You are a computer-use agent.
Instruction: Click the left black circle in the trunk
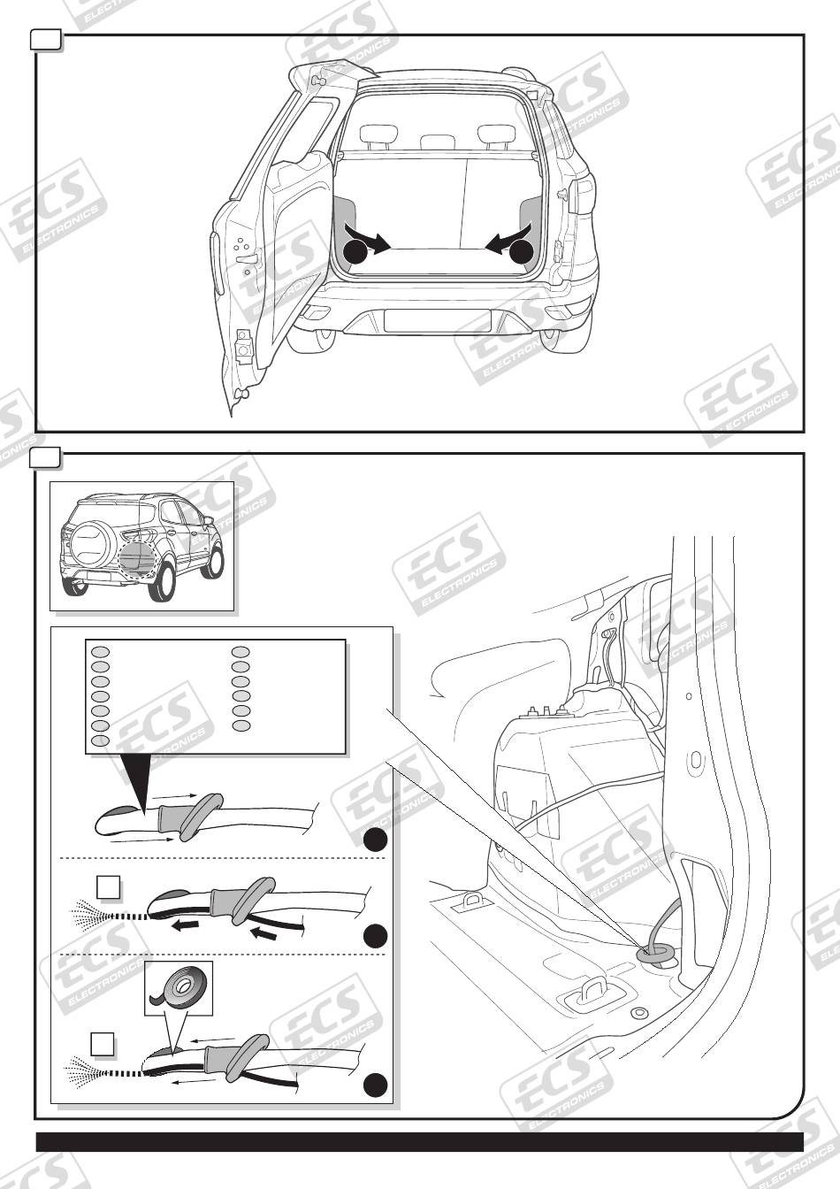(x=355, y=252)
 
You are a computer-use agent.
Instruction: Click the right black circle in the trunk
(x=522, y=252)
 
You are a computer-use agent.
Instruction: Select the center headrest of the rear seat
(x=435, y=142)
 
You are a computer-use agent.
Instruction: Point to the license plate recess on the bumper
(x=437, y=320)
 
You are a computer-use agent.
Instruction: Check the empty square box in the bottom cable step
(x=103, y=1044)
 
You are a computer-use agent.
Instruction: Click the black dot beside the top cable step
(x=375, y=840)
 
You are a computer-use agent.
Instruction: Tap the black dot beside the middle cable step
(x=375, y=935)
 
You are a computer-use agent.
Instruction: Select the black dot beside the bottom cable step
(x=375, y=1085)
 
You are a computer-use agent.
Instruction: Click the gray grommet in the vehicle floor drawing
(x=656, y=952)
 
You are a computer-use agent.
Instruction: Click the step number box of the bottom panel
(x=46, y=457)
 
